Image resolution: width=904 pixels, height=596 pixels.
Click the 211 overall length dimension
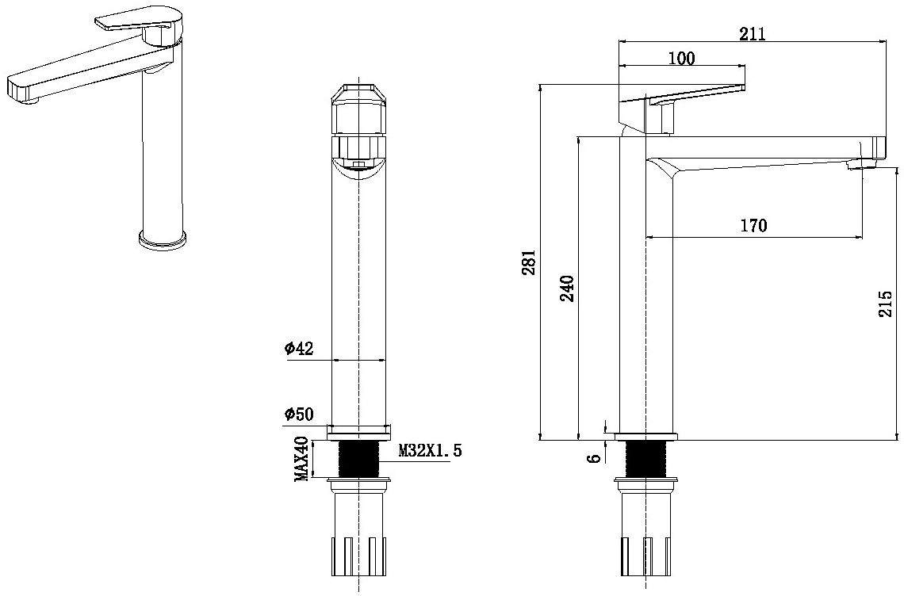click(752, 33)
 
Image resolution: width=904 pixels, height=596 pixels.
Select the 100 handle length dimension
click(682, 58)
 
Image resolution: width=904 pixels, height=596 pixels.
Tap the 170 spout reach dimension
click(753, 226)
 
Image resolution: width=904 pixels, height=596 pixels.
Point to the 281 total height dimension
click(530, 262)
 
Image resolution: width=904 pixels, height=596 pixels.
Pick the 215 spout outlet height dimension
click(886, 304)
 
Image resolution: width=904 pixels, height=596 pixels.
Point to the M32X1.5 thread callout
click(429, 451)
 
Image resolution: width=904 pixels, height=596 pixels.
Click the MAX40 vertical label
click(302, 459)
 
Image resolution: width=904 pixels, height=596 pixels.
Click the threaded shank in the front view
click(359, 459)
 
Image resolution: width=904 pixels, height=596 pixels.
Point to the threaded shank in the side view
click(646, 459)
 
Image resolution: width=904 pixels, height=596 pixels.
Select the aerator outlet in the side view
click(860, 164)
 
